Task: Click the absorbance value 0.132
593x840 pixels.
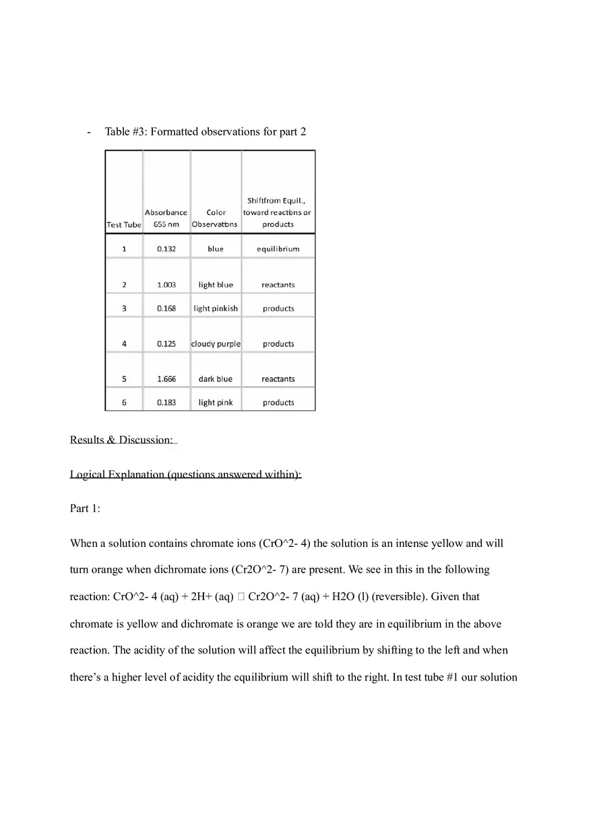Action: (166, 249)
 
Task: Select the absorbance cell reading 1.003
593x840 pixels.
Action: (166, 285)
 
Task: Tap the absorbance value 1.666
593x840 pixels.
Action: (166, 379)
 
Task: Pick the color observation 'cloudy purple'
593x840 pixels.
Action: (216, 344)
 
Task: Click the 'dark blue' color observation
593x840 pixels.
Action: (216, 379)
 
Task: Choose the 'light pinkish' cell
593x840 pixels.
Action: (216, 309)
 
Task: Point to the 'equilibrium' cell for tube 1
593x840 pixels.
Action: (278, 249)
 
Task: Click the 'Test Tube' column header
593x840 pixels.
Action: (124, 225)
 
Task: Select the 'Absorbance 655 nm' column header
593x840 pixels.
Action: (166, 218)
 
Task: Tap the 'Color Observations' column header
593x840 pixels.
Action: (216, 218)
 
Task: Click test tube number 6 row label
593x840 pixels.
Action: (124, 403)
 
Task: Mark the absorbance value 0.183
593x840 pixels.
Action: (166, 403)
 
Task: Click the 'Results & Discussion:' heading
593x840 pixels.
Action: (121, 440)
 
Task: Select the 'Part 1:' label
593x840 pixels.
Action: (85, 509)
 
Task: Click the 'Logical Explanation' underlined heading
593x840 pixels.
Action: (185, 474)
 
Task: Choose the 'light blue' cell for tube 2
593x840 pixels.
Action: (216, 285)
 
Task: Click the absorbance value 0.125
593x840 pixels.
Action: (166, 344)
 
